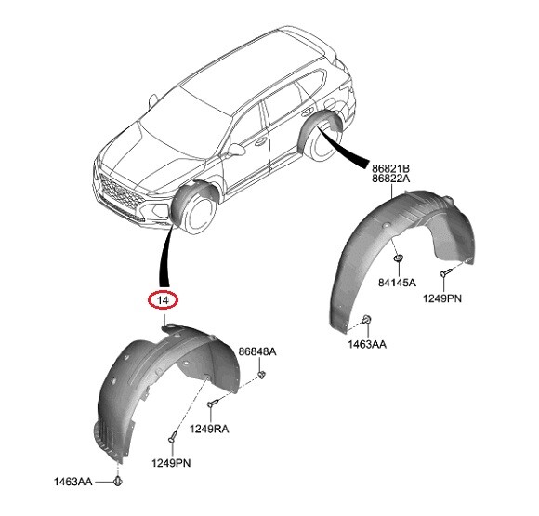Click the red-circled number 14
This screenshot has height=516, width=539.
164,300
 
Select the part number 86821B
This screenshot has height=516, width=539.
391,168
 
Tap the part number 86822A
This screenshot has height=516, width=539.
391,179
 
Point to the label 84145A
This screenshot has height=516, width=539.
398,281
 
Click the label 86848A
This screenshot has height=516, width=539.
257,352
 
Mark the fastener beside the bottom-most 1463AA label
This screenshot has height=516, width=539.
118,482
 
